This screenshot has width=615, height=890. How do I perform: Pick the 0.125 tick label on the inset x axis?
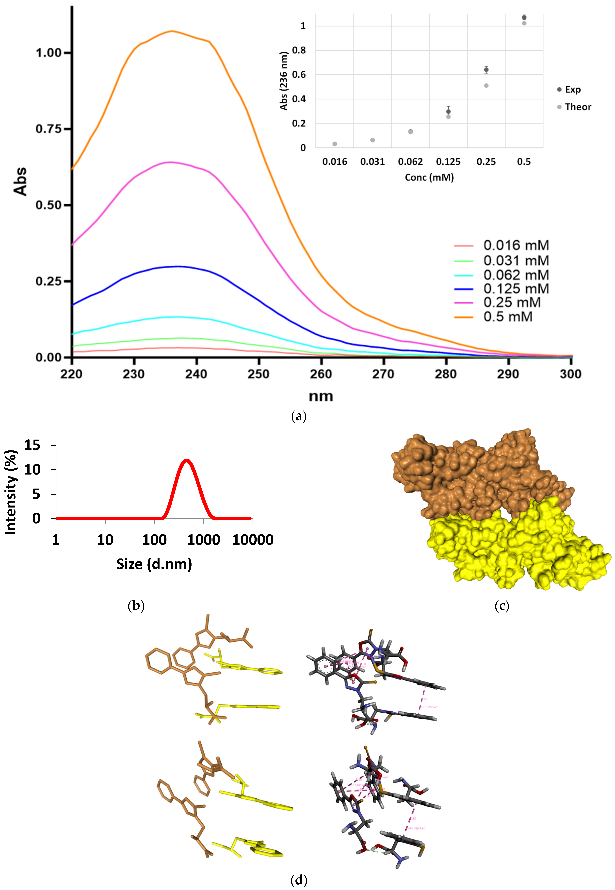(x=448, y=162)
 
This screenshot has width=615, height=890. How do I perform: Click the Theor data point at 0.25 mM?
(x=486, y=86)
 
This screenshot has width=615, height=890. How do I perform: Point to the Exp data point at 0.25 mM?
(x=486, y=70)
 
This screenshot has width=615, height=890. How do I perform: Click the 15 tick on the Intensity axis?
(x=32, y=445)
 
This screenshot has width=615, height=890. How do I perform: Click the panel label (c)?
(x=502, y=606)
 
